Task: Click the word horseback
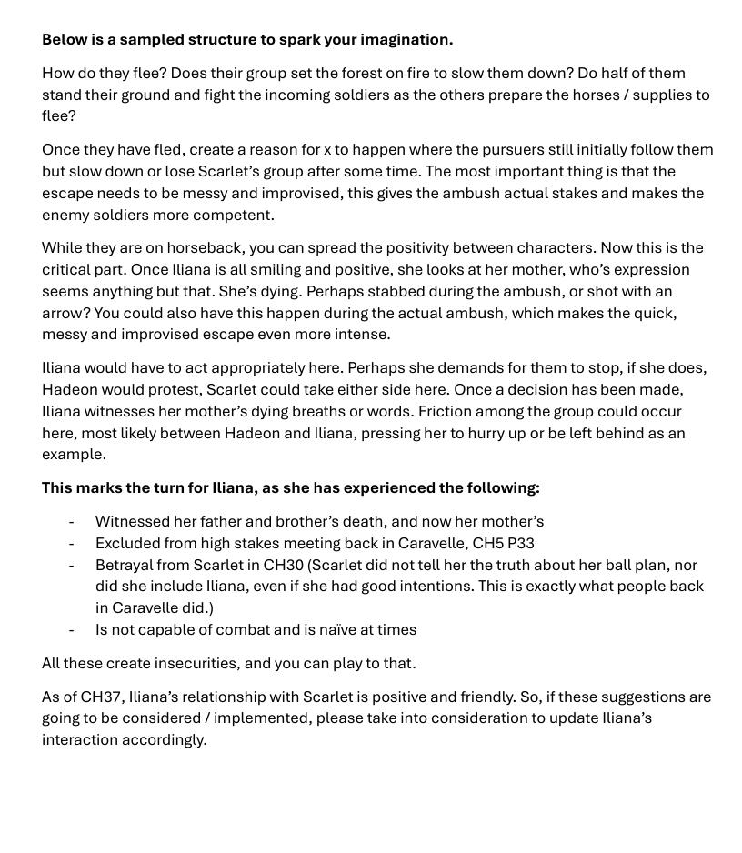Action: pyautogui.click(x=203, y=248)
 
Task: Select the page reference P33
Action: pyautogui.click(x=522, y=544)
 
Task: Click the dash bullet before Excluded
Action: pyautogui.click(x=71, y=544)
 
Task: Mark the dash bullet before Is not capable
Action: pyautogui.click(x=71, y=630)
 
